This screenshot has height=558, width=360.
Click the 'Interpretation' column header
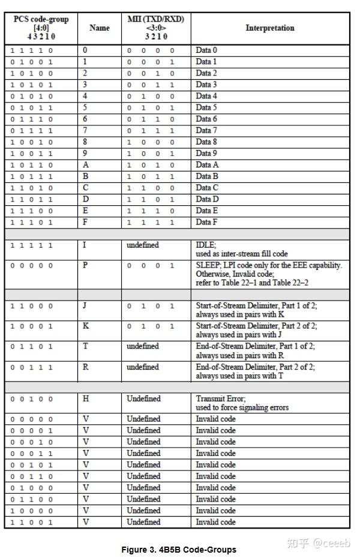tap(270, 28)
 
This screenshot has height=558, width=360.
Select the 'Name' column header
tap(100, 28)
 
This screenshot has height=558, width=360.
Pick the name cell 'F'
tap(85, 222)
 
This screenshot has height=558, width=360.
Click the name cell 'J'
tap(85, 305)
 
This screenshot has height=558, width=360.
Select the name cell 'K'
tap(85, 326)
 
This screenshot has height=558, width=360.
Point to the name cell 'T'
tap(85, 346)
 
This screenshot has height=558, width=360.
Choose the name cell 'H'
tap(85, 398)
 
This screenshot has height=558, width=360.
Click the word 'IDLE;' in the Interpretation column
tap(206, 245)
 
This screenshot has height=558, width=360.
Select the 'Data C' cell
tap(207, 187)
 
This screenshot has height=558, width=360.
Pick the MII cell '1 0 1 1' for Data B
tap(150, 176)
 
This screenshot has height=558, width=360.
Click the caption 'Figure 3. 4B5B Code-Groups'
tap(179, 550)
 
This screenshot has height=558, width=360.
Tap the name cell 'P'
tap(85, 265)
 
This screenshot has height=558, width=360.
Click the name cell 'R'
tap(85, 367)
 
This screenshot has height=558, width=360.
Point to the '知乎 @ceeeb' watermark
tap(318, 543)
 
